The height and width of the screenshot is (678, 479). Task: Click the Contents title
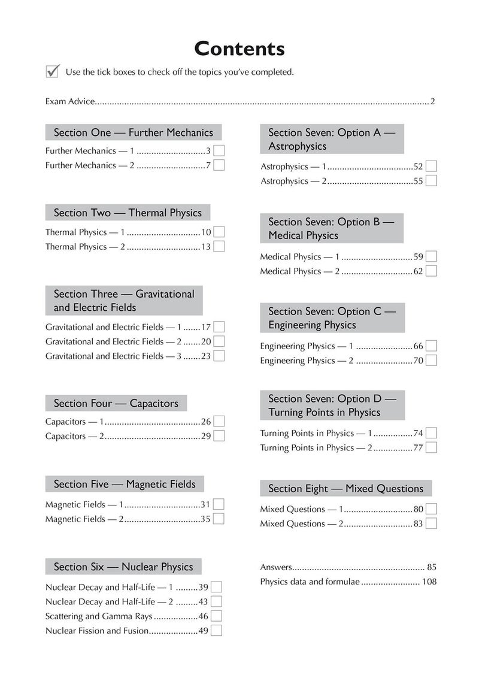coord(239,48)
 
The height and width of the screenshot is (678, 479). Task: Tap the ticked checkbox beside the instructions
coord(52,72)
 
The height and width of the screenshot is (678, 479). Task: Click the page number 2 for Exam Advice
coord(432,101)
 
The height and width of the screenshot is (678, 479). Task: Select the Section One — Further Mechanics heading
coord(133,132)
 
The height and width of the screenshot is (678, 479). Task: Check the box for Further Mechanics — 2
coord(219,165)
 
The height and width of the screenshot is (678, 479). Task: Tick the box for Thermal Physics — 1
coord(219,232)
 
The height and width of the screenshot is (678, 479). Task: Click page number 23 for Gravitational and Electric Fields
coord(205,356)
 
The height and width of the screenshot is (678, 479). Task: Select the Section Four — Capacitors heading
coord(116,403)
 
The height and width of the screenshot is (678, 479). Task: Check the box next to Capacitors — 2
coord(219,436)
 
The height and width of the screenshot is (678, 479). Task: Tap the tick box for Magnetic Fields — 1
coord(219,504)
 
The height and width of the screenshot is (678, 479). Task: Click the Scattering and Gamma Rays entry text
coord(99,616)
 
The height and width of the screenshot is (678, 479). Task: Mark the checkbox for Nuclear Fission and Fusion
coord(217,630)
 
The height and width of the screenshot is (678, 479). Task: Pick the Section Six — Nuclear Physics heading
coord(123,567)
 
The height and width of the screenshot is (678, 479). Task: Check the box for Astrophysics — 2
coord(431,180)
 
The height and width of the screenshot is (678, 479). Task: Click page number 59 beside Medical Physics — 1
coord(419,256)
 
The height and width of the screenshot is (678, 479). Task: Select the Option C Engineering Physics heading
coord(332,318)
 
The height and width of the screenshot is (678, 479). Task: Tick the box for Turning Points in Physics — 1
coord(431,433)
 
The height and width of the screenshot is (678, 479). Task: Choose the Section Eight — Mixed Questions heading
coord(345,489)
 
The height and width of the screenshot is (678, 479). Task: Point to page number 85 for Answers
coord(432,567)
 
